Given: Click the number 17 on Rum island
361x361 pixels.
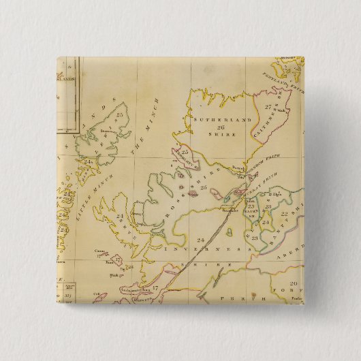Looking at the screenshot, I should tap(116, 260).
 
